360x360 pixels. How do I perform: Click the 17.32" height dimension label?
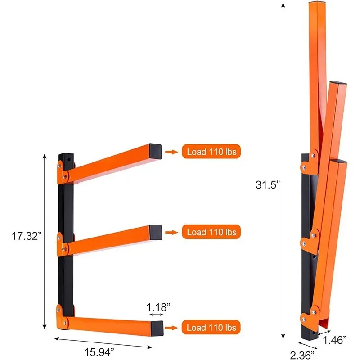pyautogui.click(x=27, y=236)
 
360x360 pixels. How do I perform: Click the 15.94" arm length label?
pyautogui.click(x=99, y=352)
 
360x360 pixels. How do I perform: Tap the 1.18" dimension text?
pyautogui.click(x=158, y=307)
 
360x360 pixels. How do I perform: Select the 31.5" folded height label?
pyautogui.click(x=268, y=184)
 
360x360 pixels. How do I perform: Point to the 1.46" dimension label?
pyautogui.click(x=334, y=340)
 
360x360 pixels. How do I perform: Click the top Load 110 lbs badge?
pyautogui.click(x=211, y=152)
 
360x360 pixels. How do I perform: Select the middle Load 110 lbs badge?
pyautogui.click(x=211, y=232)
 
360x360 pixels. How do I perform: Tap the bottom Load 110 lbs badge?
pyautogui.click(x=211, y=327)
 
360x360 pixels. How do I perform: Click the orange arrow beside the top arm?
pyautogui.click(x=171, y=152)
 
